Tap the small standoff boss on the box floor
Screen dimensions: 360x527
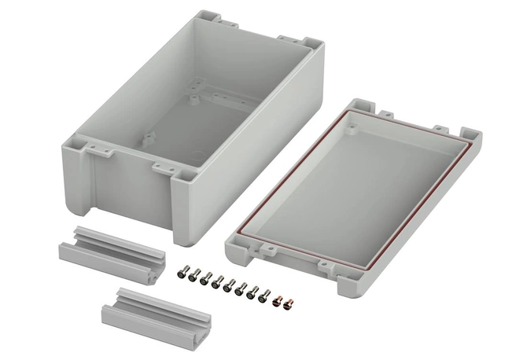192,99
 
